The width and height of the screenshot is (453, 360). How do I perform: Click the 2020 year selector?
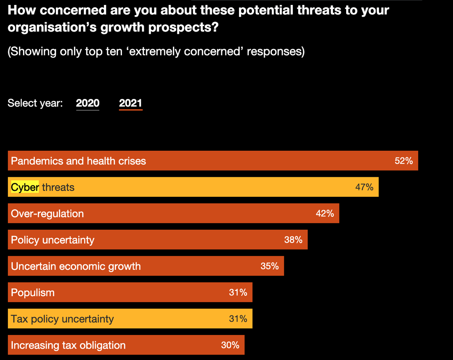[x=88, y=103]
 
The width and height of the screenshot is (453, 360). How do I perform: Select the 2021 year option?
[x=130, y=103]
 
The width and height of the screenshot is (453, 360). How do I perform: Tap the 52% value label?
[x=404, y=161]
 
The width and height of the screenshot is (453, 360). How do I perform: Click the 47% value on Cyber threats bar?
[x=364, y=187]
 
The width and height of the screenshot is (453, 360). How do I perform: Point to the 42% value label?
[x=325, y=213]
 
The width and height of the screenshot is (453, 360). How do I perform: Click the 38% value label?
[x=293, y=240]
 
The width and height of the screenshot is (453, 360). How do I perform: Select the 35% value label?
[x=270, y=266]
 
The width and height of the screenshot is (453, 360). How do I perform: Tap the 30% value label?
[x=230, y=345]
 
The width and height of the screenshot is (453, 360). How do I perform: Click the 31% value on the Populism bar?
[x=238, y=292]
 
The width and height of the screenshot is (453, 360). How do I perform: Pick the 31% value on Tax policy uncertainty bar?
[x=238, y=319]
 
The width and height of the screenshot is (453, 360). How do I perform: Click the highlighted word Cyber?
[x=25, y=187]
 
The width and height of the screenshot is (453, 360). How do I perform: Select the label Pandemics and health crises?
[x=78, y=161]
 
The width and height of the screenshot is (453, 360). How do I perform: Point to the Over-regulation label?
[x=47, y=213]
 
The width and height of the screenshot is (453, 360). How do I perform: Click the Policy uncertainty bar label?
[x=52, y=240]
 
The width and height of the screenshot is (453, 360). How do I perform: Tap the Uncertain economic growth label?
[x=75, y=266]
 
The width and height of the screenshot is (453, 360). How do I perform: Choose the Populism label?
[x=32, y=293]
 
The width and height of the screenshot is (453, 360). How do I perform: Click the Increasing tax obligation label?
[x=68, y=345]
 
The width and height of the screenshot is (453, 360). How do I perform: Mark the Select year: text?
[x=35, y=103]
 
